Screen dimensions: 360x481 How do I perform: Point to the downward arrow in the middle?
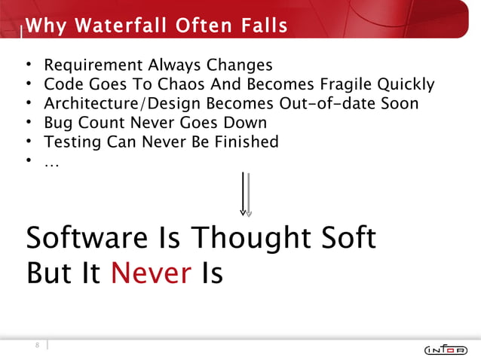click(245, 194)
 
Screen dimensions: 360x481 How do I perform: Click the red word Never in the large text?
click(151, 273)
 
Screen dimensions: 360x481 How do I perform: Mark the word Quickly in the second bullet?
click(407, 84)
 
